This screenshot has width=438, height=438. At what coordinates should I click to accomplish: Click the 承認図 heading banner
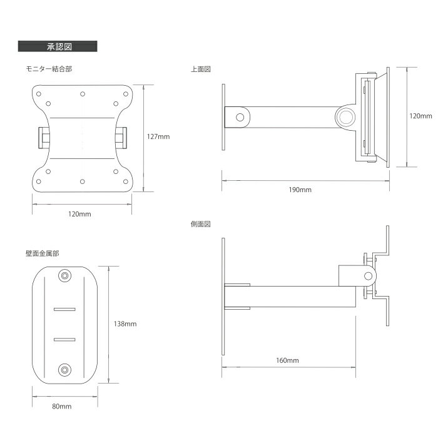coord(58,46)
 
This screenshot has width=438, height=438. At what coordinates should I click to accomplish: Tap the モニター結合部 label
coord(49,69)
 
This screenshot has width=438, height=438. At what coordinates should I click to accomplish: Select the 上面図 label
coord(201,69)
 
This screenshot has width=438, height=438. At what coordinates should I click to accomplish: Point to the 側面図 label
coord(201,224)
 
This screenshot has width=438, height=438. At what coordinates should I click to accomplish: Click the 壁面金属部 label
coord(43,253)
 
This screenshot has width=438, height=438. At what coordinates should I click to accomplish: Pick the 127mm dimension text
coord(158,136)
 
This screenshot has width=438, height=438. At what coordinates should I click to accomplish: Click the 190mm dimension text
coord(300,190)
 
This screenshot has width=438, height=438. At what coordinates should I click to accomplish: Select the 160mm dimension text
coord(287,360)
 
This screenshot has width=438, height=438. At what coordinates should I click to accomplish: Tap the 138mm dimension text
coord(125,324)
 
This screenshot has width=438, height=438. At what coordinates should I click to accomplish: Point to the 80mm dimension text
coord(62,407)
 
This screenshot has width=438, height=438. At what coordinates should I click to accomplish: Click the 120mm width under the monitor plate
coord(79,214)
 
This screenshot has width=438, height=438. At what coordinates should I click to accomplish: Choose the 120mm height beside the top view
coord(420,116)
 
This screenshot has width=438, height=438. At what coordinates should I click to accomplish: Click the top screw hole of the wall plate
coord(65,276)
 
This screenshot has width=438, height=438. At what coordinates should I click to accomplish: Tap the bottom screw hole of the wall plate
coord(65,370)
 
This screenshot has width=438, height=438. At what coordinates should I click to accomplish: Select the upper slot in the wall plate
coord(64,309)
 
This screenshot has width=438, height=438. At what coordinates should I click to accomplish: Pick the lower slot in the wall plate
coord(64,340)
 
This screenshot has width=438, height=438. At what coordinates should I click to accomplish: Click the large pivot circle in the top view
coord(346,118)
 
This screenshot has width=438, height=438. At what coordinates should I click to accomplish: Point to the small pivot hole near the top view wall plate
coord(240,118)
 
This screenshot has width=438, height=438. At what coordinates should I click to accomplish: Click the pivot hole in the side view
coord(368,277)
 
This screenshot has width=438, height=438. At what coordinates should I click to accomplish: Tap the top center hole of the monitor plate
coord(83,94)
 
